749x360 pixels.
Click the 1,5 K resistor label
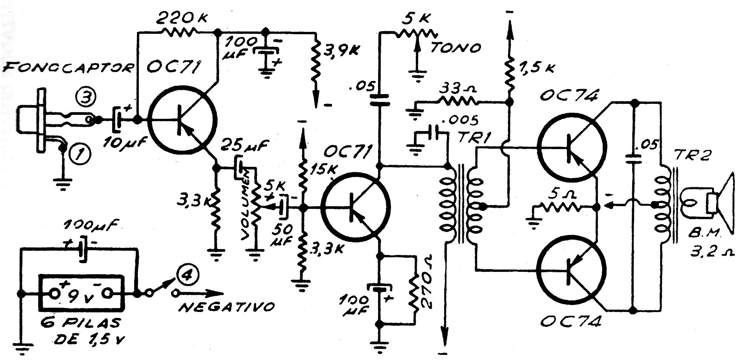[537, 68]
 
